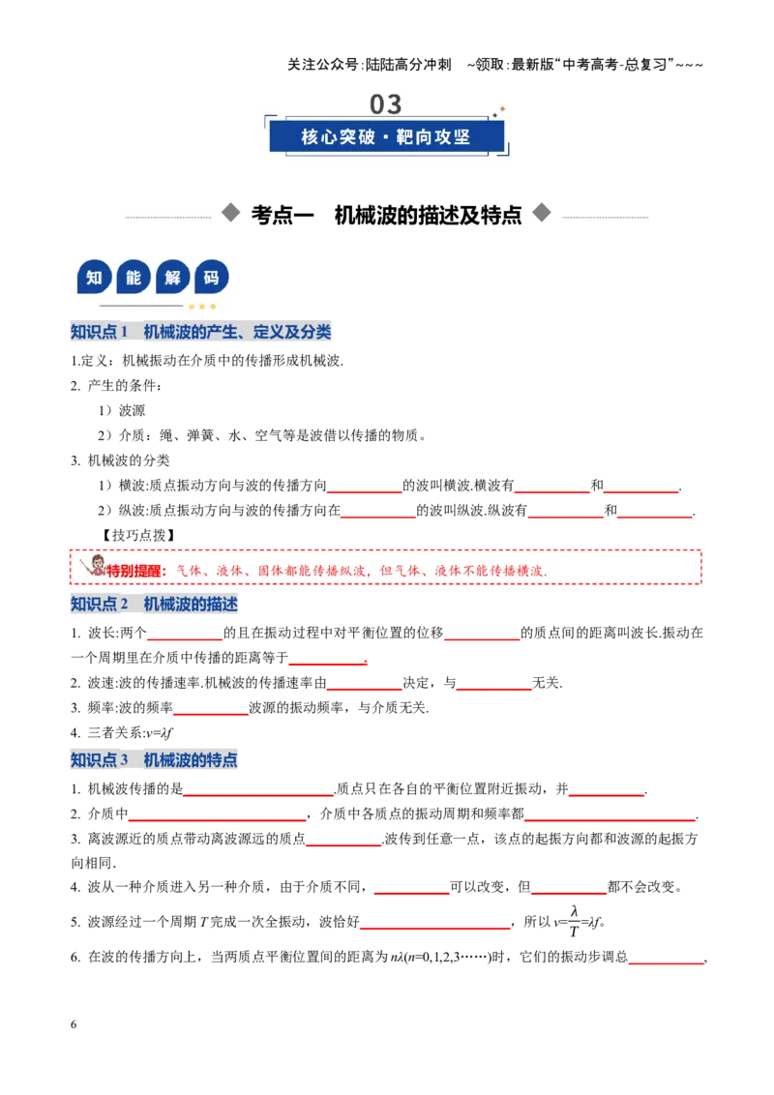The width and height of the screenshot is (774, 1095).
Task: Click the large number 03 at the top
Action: [386, 104]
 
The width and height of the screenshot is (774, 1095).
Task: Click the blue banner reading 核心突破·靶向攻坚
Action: [386, 136]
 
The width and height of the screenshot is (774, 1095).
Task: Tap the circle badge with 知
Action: [94, 278]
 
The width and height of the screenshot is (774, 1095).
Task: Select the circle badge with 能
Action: [134, 278]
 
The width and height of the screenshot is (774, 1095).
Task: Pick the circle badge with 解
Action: [172, 278]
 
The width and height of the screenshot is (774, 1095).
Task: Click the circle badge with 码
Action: [211, 278]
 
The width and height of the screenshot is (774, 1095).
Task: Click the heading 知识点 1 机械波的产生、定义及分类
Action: [201, 332]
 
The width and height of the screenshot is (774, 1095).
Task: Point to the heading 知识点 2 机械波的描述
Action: [155, 604]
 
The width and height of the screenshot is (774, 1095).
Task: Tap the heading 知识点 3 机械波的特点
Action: [155, 759]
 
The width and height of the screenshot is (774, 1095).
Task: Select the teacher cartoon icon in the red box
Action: [94, 566]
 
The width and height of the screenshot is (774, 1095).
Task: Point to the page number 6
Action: [74, 1024]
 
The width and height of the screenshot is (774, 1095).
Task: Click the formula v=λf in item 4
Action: [160, 732]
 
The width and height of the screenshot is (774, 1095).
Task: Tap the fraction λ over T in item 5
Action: [574, 922]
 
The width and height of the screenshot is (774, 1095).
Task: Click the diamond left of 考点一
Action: [230, 213]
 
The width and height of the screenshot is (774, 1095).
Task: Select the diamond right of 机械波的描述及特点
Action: [542, 213]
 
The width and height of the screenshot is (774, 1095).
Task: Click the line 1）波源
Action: [122, 410]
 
